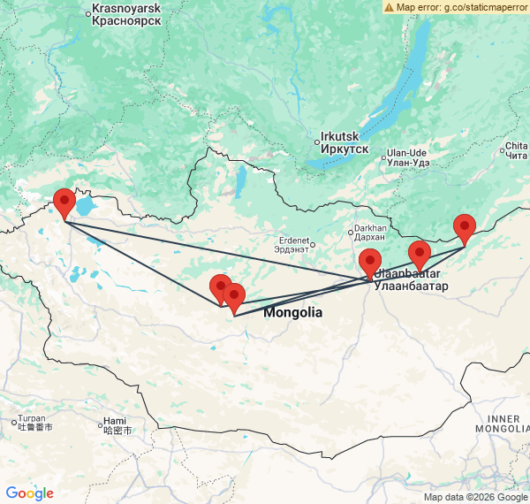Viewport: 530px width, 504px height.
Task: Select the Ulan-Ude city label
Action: point(407,156)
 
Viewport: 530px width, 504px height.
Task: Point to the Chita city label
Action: point(517,150)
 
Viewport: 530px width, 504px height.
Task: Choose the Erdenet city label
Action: point(293,244)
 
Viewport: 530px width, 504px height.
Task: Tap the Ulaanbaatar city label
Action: point(405,280)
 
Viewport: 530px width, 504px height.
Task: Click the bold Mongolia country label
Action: point(292,313)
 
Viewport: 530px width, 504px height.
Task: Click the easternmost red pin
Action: point(465,229)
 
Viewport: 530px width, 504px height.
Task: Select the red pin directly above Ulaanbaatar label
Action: point(370,263)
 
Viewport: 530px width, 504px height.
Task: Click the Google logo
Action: point(29,493)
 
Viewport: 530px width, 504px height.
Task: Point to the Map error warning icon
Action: point(389,7)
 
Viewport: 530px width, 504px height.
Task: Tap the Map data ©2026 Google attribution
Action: point(474,497)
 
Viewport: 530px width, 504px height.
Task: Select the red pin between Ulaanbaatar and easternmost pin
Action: point(420,255)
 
